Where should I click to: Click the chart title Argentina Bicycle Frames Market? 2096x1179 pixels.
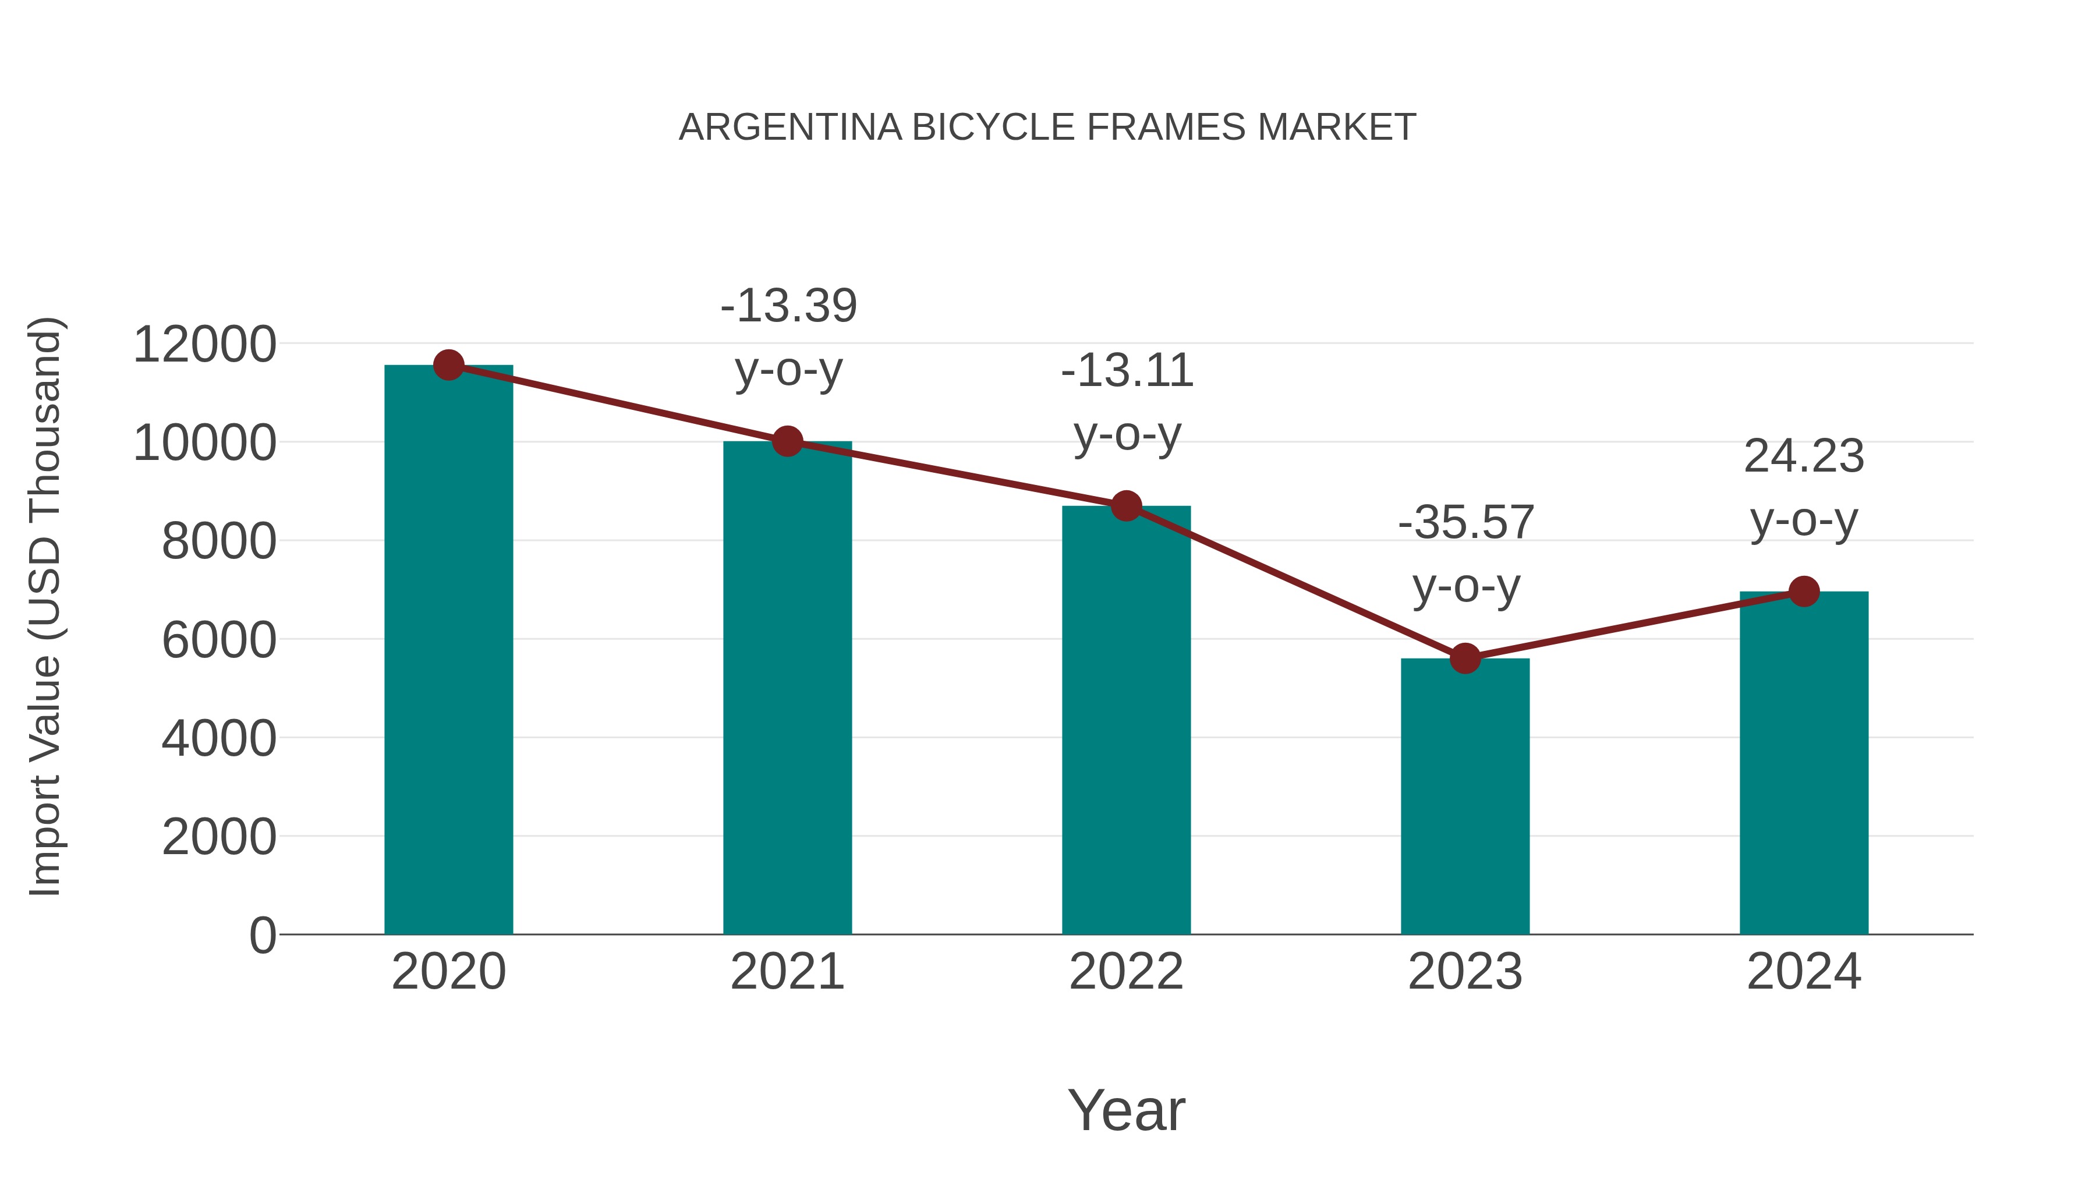(1047, 128)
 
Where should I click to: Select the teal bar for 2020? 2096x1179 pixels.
(448, 651)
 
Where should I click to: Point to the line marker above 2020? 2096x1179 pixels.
(448, 365)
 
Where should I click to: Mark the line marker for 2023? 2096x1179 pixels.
(1465, 658)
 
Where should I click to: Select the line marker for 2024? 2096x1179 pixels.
(1804, 592)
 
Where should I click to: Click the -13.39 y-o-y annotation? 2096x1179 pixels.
(788, 338)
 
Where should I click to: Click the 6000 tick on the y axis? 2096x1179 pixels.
(219, 640)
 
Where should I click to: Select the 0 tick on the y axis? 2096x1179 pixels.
(263, 936)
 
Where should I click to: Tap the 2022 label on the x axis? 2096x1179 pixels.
(1126, 972)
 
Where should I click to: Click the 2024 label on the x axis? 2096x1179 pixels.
(1804, 972)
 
